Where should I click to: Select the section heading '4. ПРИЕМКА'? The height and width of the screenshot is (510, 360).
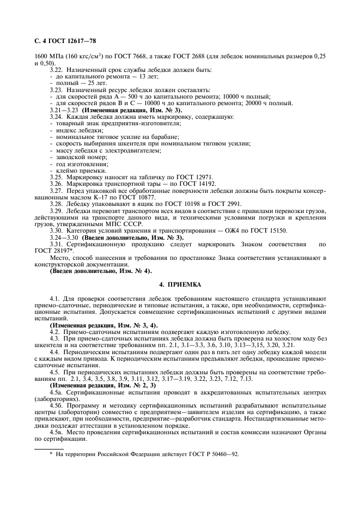tap(180, 284)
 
